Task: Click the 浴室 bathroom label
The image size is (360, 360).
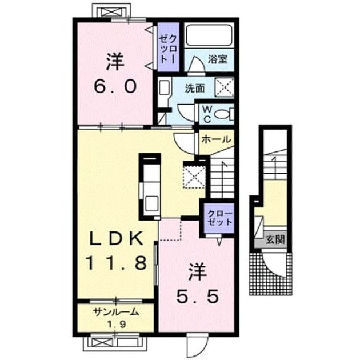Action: point(218,59)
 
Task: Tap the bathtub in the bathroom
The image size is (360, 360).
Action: point(209,35)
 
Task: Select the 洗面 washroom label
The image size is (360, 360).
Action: point(195,88)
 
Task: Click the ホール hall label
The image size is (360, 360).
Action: point(216,139)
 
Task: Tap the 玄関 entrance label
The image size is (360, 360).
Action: point(275,240)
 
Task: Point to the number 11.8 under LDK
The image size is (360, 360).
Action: point(116,263)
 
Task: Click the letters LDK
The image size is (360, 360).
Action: point(117,238)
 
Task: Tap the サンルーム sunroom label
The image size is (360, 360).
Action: point(116,312)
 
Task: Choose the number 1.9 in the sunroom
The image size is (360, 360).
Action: point(117,324)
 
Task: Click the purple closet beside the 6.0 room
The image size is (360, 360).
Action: point(168,47)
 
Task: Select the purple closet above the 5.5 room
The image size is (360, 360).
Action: point(219,218)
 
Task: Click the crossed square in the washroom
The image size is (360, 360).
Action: point(225,87)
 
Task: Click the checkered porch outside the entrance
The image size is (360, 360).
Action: point(271,274)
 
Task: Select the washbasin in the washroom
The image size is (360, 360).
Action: point(164,87)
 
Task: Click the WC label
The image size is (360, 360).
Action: point(207,114)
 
